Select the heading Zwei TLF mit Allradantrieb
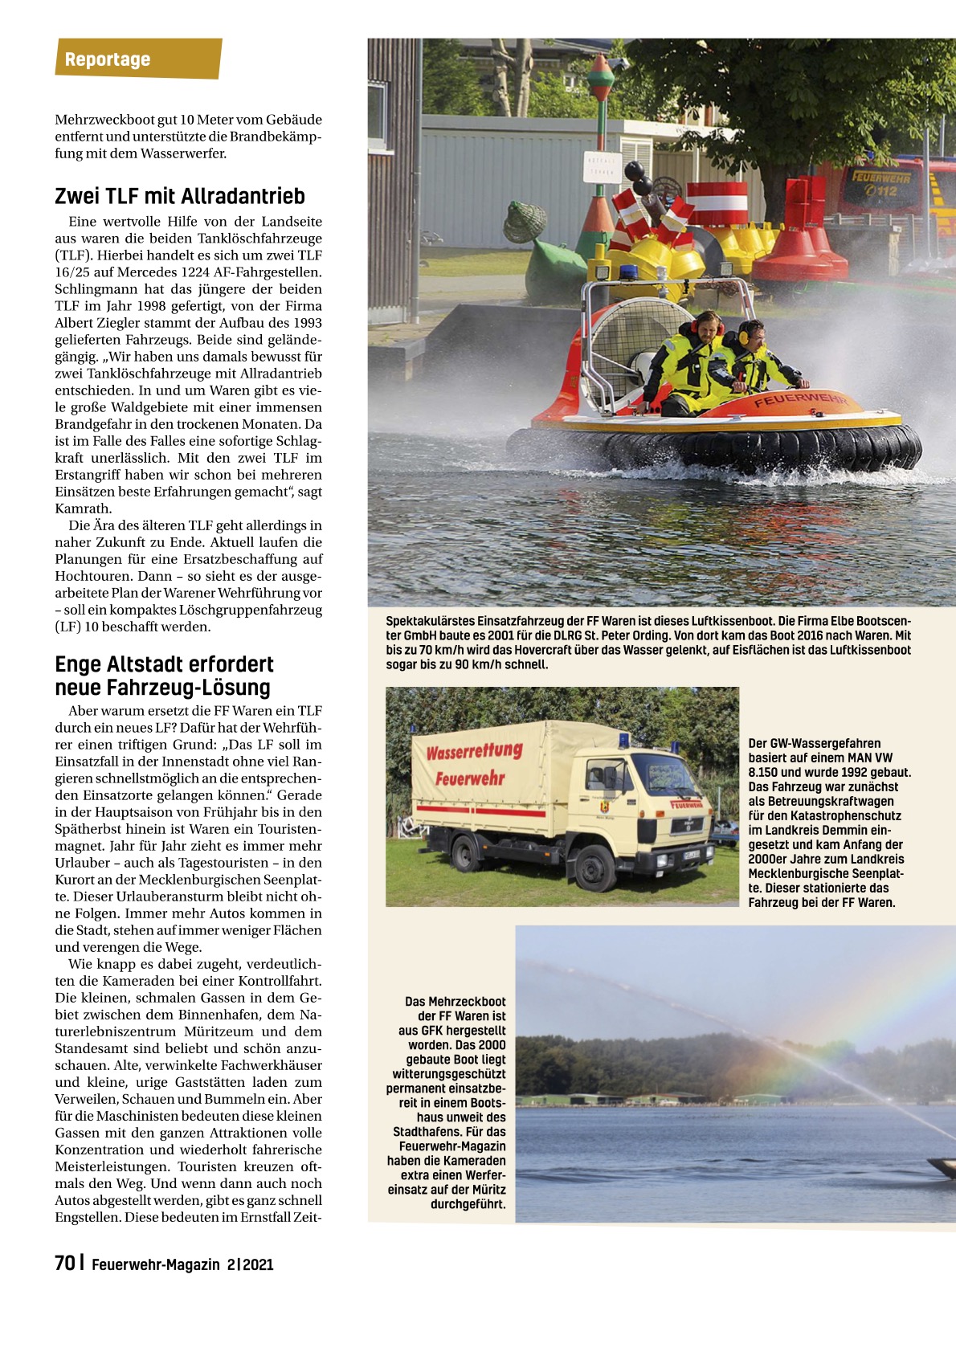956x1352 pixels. click(x=180, y=196)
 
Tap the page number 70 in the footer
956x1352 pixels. click(x=64, y=1264)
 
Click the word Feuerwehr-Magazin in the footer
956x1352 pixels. click(x=155, y=1264)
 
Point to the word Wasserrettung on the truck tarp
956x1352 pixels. click(x=474, y=753)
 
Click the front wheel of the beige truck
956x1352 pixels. click(x=594, y=868)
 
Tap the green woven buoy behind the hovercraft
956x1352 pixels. click(x=525, y=222)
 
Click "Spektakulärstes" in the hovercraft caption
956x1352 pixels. click(x=430, y=621)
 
